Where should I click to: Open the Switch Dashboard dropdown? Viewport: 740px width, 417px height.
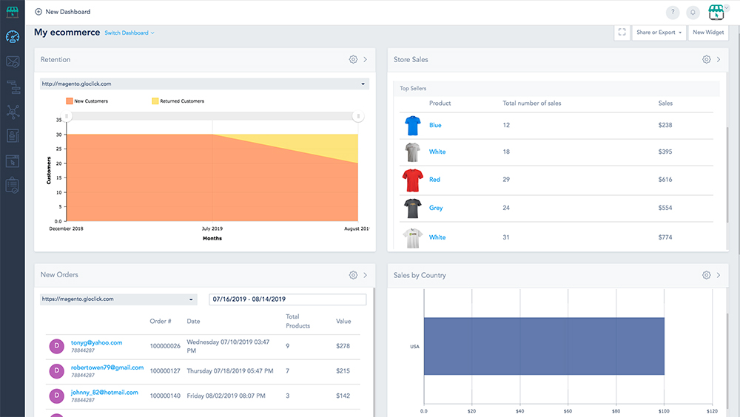(x=129, y=33)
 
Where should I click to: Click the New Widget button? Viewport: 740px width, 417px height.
(x=708, y=33)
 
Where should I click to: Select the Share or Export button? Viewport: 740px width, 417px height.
(x=658, y=33)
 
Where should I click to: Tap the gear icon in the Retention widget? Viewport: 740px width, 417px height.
(x=353, y=59)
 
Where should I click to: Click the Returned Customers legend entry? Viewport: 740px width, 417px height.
(x=178, y=101)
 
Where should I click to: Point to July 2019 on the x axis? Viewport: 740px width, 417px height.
(x=212, y=229)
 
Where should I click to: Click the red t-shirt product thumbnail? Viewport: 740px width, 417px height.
(x=411, y=180)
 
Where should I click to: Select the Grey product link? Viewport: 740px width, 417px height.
(x=436, y=208)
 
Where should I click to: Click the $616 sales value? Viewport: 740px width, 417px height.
(x=665, y=180)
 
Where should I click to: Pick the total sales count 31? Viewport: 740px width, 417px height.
(x=507, y=237)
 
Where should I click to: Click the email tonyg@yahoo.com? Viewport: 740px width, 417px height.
(x=96, y=343)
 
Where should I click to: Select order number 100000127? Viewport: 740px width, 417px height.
(x=165, y=370)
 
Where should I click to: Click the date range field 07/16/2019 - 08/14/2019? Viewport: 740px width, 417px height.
(x=287, y=299)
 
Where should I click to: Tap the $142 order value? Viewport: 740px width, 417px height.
(x=343, y=396)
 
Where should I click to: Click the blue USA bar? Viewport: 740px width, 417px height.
(x=544, y=346)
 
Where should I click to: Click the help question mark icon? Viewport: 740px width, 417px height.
(x=672, y=12)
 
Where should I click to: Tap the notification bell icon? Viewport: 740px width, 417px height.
(x=693, y=12)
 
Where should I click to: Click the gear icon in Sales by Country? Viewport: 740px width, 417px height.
(x=706, y=275)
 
